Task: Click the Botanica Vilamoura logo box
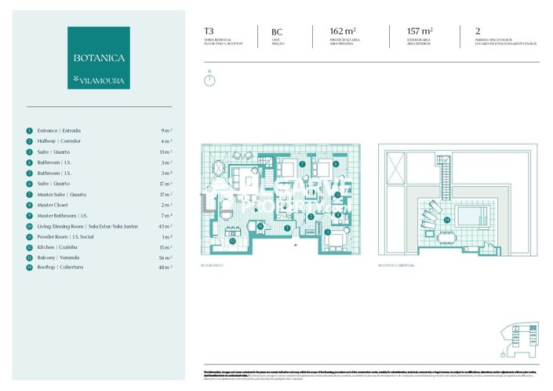(x=99, y=57)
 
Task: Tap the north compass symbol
(x=209, y=79)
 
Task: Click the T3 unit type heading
(x=209, y=32)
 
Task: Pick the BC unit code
(x=276, y=32)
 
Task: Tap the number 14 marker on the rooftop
(x=447, y=221)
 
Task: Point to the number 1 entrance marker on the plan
(x=288, y=228)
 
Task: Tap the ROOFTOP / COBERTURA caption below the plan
(x=395, y=266)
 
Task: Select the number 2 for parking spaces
(x=478, y=32)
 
